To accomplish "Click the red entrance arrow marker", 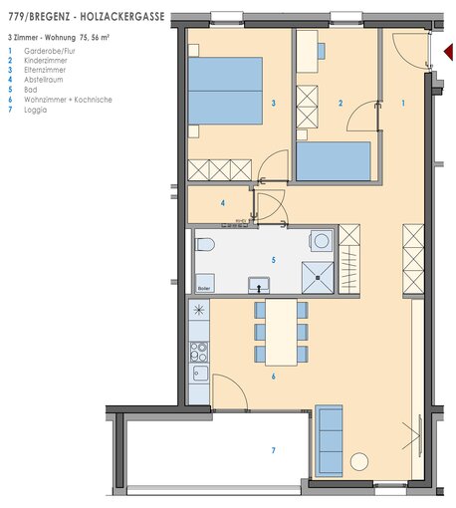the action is coord(449,52).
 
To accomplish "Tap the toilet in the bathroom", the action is coord(204,245).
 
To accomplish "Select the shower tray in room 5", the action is coord(318,278).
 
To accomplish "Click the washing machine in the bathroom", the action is coord(321,240).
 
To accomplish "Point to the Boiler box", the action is coord(204,283).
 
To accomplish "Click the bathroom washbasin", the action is coord(259,285).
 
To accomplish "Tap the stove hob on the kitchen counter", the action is coord(199,352).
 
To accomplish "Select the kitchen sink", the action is coord(200,374).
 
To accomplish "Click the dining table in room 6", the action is coord(281,332).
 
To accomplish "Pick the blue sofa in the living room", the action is coord(329,440).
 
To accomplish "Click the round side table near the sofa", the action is coord(359,461).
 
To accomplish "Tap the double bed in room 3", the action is coord(225,91).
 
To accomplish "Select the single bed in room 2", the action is coord(334,161).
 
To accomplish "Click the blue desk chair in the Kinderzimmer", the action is coord(321,51).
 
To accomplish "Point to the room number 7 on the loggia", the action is coord(274,450).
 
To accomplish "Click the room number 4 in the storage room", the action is coord(223,203).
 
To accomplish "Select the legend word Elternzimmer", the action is coord(45,70).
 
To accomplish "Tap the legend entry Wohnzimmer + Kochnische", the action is coord(68,100).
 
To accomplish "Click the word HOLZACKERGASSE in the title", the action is coord(122,17).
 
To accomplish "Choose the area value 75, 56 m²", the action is coord(95,38).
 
